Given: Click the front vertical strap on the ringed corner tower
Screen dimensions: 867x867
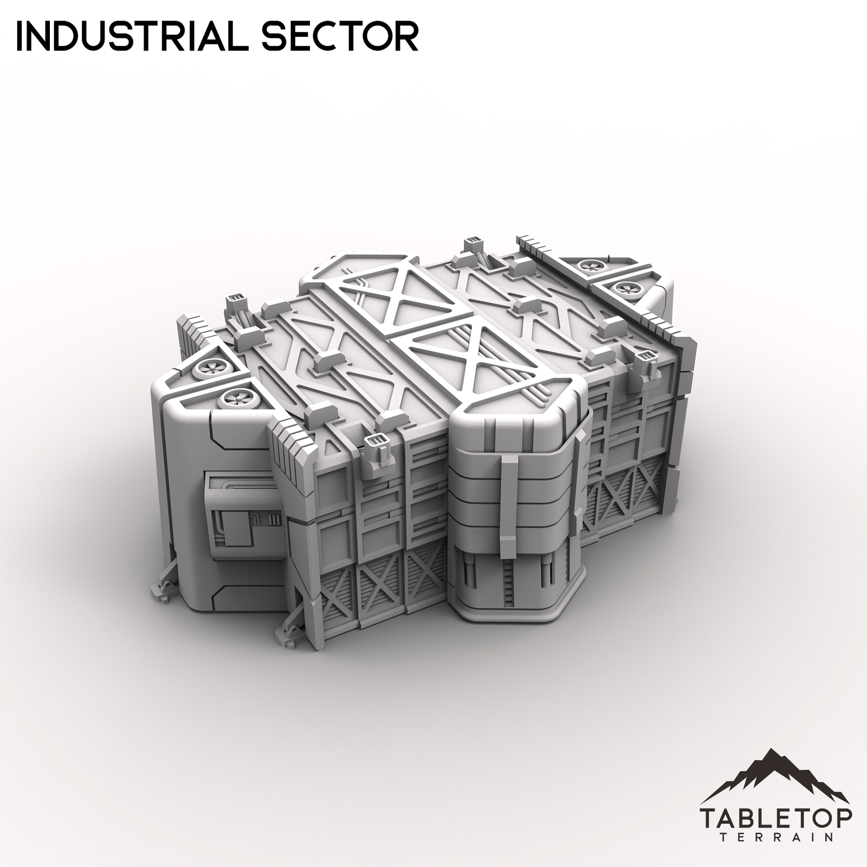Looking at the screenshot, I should (x=509, y=499).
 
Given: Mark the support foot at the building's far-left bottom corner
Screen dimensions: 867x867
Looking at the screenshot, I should (x=164, y=591).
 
